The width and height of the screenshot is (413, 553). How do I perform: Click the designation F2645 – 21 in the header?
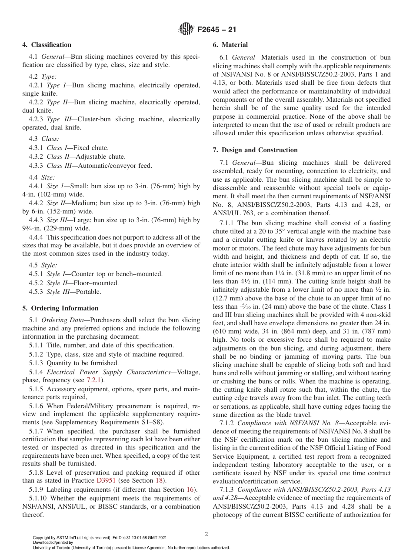point(217,30)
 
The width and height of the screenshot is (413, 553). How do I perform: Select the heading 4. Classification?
point(47,45)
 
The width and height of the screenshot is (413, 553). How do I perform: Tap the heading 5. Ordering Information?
point(60,308)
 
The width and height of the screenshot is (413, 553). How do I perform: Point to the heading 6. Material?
point(230,45)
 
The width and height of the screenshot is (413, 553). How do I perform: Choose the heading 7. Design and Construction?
point(255,150)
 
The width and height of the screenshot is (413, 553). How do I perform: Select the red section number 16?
point(190,489)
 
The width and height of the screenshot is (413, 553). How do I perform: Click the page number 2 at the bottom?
point(206,534)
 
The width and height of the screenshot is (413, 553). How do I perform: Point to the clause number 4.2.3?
point(37,119)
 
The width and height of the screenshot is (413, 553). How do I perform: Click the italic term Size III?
point(56,220)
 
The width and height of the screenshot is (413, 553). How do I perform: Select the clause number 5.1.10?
point(39,498)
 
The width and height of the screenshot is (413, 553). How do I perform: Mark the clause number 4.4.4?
point(37,237)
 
